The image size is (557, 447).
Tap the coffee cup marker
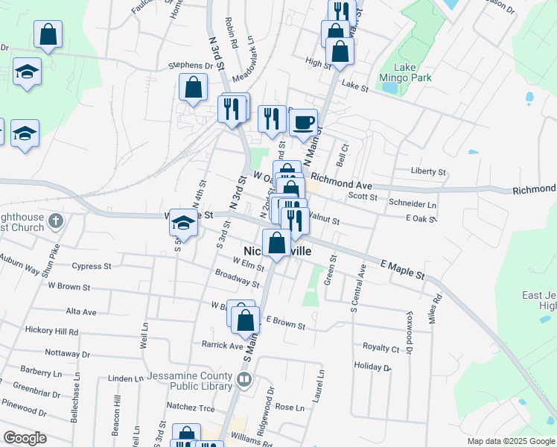coord(303,122)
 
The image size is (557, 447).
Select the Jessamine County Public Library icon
coord(244,381)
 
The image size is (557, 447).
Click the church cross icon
coord(55,221)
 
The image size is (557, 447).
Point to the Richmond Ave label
coord(341,180)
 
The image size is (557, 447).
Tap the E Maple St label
coord(402,270)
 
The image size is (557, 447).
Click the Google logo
coord(25,438)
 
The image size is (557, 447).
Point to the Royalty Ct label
coord(381,348)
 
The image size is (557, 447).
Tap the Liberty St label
coord(428,171)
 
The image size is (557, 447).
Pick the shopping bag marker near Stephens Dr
coord(193,86)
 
